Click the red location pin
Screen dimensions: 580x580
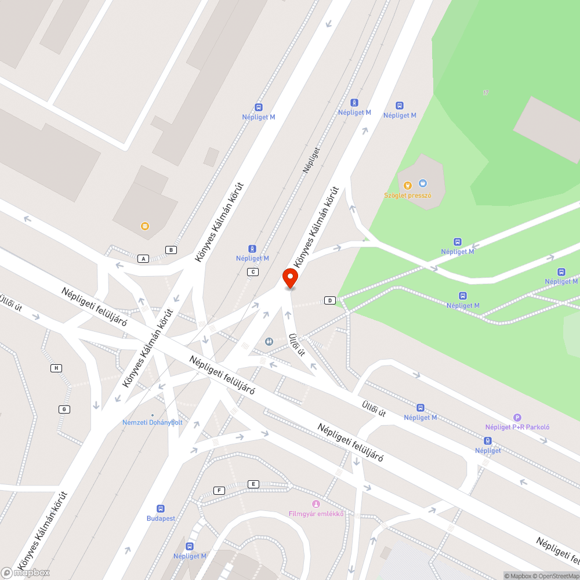click(x=290, y=278)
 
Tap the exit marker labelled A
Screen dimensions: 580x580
click(x=143, y=259)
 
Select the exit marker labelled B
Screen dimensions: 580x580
click(x=171, y=250)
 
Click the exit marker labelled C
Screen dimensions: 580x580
click(x=252, y=272)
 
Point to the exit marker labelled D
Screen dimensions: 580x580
click(x=330, y=300)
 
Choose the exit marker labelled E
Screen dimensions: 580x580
click(x=252, y=484)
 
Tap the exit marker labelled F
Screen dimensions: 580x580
click(x=219, y=491)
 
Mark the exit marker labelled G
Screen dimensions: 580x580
click(x=64, y=409)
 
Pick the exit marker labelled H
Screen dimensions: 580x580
click(x=56, y=368)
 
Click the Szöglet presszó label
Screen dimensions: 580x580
click(x=408, y=195)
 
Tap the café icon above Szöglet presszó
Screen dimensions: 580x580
click(x=422, y=183)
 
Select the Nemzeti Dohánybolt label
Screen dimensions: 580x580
click(x=153, y=422)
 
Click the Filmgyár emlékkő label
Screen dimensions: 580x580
click(x=317, y=514)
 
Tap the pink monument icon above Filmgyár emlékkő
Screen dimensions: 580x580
click(x=316, y=503)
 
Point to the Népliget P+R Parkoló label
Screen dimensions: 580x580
click(x=517, y=427)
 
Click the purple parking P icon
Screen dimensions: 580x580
click(x=517, y=417)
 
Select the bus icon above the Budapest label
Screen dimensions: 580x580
click(x=161, y=508)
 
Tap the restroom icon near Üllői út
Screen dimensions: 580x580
click(x=269, y=342)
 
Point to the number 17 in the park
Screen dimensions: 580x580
click(x=485, y=92)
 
